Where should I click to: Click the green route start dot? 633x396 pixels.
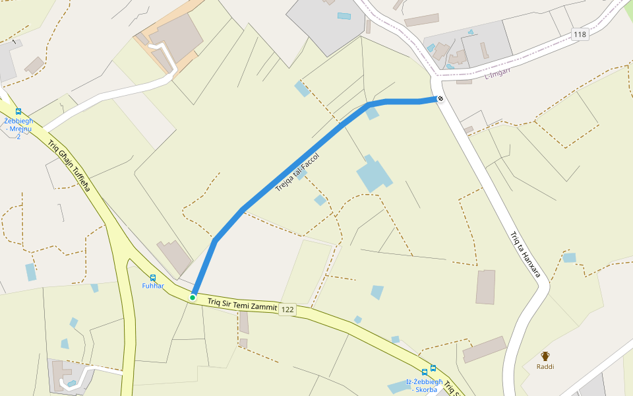coord(193,298)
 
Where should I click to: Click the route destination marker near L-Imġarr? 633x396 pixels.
coord(440,99)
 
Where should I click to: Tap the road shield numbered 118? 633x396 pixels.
coord(580,34)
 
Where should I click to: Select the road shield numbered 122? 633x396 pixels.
coord(287,310)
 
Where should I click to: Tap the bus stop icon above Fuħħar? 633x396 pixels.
coord(153,278)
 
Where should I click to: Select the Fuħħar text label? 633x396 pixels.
coord(153,286)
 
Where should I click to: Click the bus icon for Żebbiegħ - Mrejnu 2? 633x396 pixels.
coord(18,112)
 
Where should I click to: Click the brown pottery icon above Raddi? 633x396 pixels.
coord(545,356)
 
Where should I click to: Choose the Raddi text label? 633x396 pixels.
coord(545,366)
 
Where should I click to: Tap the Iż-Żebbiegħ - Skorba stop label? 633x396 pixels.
coord(422,386)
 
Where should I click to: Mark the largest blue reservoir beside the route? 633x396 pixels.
coord(374,174)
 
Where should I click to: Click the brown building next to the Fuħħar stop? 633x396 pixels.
coord(174,257)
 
